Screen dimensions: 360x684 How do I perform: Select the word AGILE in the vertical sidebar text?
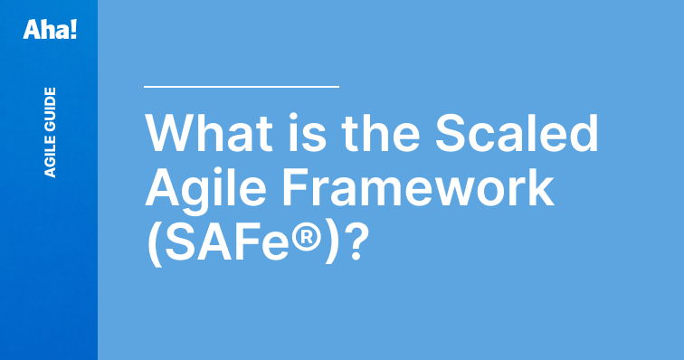tap(50, 155)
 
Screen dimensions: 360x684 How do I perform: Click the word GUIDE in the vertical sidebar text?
tap(50, 108)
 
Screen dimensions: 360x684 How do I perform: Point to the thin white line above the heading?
tap(242, 87)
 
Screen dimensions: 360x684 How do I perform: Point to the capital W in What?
tap(170, 135)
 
